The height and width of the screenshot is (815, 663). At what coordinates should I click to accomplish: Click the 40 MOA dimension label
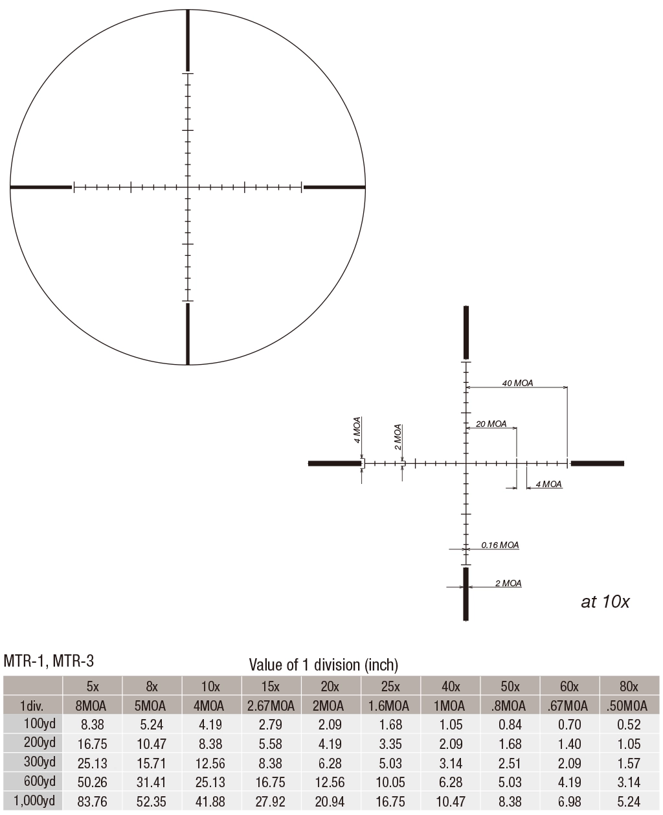point(517,383)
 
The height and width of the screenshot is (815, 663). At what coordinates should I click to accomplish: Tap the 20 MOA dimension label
point(491,424)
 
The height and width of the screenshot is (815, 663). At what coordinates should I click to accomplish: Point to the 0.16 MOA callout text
point(500,545)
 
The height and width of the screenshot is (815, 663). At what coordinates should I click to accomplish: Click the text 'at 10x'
point(605,602)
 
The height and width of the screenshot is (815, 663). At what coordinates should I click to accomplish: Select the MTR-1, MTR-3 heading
point(49,661)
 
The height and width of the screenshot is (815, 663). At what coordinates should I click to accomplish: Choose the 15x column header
point(271,687)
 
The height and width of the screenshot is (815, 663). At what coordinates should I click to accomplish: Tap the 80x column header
point(629,687)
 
